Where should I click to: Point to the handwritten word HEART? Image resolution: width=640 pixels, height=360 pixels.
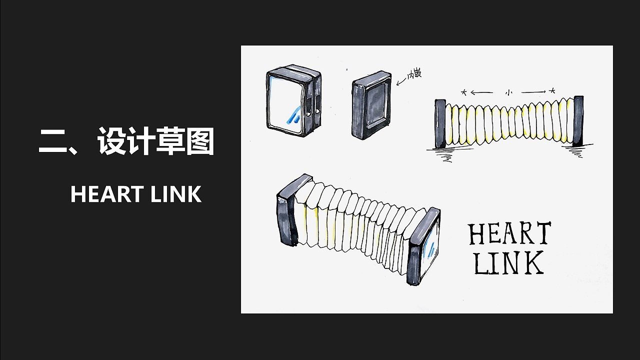click(x=509, y=234)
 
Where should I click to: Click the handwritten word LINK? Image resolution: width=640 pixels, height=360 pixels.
click(x=508, y=263)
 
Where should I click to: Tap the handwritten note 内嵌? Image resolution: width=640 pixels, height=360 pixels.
click(x=414, y=74)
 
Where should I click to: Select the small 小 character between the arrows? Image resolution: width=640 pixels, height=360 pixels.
click(x=508, y=92)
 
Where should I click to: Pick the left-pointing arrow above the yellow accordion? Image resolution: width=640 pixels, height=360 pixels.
click(x=481, y=92)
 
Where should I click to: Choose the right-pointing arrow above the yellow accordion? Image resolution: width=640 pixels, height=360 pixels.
click(x=534, y=92)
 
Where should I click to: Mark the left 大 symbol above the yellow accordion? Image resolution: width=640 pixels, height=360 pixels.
click(x=464, y=92)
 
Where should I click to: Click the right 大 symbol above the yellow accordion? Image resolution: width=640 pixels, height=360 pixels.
click(x=552, y=91)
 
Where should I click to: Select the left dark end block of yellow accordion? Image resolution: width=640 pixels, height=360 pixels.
click(x=440, y=123)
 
